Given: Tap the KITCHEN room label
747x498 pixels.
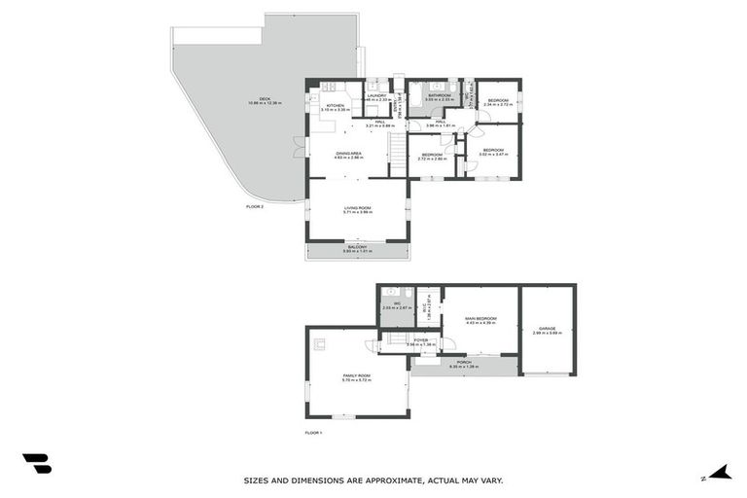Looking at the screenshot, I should (x=335, y=106).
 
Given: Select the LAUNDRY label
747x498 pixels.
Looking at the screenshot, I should (x=377, y=96).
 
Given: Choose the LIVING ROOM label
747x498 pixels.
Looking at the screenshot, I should (x=358, y=208).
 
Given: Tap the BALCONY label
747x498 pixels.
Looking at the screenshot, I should (x=358, y=247).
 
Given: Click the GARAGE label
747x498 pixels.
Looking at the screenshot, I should (x=548, y=330).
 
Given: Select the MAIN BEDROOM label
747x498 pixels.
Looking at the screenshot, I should (x=480, y=319).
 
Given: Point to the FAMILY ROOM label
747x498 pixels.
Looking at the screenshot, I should (x=356, y=376).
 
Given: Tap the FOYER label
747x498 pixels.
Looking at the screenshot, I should (x=420, y=340).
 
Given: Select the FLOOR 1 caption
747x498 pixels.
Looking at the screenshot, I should (x=313, y=432).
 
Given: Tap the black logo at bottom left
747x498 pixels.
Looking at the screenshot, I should (x=37, y=465).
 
